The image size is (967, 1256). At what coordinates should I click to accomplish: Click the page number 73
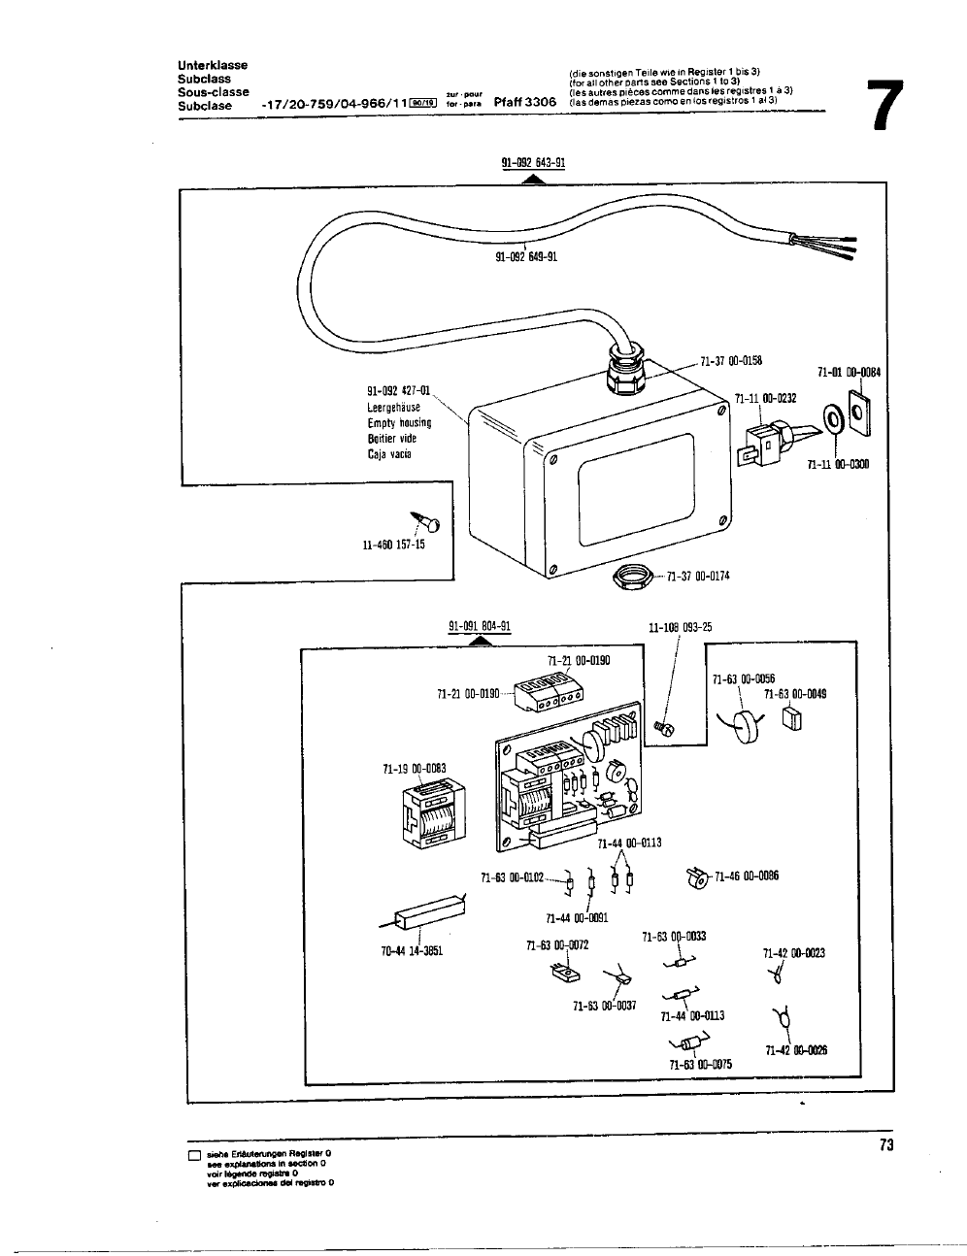tap(884, 1145)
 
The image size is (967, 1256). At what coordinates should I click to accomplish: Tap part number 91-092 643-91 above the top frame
tap(533, 163)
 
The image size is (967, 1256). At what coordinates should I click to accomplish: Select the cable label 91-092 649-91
tap(526, 257)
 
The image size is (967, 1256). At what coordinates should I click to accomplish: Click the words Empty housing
tap(399, 422)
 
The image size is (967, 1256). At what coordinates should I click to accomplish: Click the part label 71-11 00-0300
tap(838, 464)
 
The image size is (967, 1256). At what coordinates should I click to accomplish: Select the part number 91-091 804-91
tap(480, 626)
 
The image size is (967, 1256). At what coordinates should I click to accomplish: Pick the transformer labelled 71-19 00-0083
tap(426, 814)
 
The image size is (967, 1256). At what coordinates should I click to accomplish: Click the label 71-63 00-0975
tap(700, 1064)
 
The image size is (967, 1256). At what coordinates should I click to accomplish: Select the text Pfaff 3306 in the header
tap(524, 102)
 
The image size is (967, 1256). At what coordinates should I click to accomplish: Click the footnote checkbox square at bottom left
tap(194, 1156)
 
